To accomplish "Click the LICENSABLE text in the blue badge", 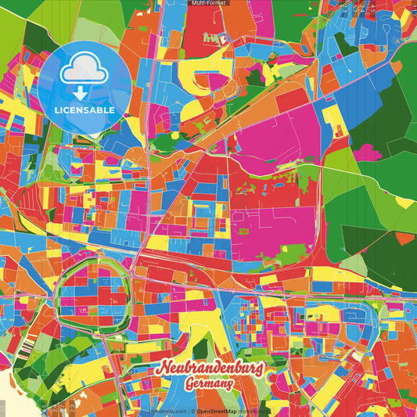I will [x=84, y=110].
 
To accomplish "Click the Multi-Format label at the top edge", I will [x=208, y=4].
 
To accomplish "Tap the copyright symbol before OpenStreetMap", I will [x=192, y=412].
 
